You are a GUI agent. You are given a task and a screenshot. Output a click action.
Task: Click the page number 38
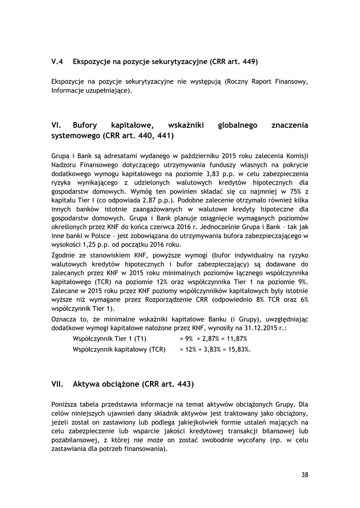[304, 475]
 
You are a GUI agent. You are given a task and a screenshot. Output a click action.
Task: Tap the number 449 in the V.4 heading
[250, 62]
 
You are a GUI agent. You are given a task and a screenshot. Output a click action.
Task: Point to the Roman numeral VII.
[57, 383]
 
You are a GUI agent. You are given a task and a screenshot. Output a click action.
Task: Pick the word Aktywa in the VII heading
[85, 383]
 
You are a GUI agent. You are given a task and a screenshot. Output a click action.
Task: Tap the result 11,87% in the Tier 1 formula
[237, 338]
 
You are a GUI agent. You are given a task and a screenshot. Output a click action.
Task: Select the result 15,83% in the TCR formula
[239, 349]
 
